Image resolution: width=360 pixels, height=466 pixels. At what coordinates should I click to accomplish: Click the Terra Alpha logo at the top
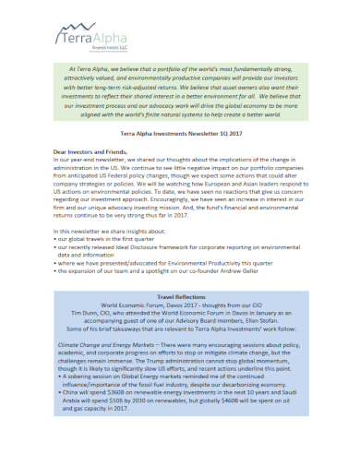[x=89, y=39]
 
